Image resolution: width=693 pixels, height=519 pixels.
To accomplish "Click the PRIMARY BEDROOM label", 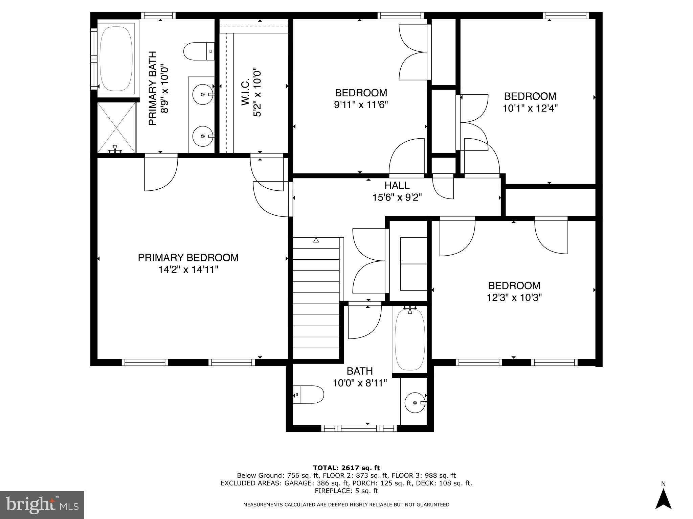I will (188, 258).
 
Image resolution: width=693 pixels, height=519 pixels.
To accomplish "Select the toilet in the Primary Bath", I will (198, 51).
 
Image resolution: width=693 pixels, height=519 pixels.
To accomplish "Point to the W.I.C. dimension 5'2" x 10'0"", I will (257, 93).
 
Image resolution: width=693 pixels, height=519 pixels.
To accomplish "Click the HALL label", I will (397, 185).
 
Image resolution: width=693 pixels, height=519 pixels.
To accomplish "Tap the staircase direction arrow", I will (316, 240).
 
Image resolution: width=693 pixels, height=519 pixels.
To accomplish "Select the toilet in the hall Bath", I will (309, 394).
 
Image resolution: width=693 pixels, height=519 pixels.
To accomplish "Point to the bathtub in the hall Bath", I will (410, 340).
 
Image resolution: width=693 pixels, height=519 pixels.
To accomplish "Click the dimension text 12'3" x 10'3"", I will (514, 298).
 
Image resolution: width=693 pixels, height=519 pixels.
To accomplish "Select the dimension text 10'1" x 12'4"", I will (530, 108).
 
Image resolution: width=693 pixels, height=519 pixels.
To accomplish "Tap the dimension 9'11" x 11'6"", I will (361, 104).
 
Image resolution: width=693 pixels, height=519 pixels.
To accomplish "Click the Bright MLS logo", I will (42, 505).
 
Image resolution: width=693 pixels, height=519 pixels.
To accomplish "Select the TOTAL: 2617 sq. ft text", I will (346, 468).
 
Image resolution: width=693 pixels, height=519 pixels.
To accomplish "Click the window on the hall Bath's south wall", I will (359, 428).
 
